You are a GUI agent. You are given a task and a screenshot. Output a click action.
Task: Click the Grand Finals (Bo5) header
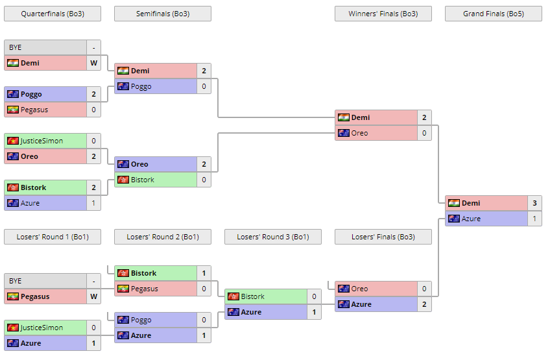(493, 14)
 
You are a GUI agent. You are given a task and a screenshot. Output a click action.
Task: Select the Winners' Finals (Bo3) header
(383, 14)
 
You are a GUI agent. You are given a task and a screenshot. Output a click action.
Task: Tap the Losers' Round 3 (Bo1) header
(272, 237)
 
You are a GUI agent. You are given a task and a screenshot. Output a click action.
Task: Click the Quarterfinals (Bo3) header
(52, 14)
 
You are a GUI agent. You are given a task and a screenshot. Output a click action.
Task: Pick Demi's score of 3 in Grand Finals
(534, 203)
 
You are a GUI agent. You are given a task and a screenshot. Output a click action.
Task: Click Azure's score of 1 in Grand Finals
(534, 219)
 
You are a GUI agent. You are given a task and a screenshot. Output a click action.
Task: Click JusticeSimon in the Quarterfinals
(42, 141)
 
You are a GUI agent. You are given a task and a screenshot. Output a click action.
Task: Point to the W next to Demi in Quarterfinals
(93, 63)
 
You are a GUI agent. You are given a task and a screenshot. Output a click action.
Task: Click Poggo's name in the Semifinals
(141, 86)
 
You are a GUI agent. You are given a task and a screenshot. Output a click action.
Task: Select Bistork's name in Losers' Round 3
(252, 296)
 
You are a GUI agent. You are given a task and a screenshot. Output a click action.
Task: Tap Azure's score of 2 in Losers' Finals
(424, 304)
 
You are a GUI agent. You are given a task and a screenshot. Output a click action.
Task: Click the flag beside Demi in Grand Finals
(453, 203)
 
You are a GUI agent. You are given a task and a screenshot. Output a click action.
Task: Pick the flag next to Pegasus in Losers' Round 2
(123, 289)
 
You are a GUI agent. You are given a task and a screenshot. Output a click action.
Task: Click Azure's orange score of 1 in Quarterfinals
(93, 203)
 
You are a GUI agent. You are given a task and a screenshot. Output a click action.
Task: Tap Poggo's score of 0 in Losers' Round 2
(204, 320)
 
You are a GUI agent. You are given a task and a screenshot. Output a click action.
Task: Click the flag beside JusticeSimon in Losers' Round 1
(12, 328)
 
